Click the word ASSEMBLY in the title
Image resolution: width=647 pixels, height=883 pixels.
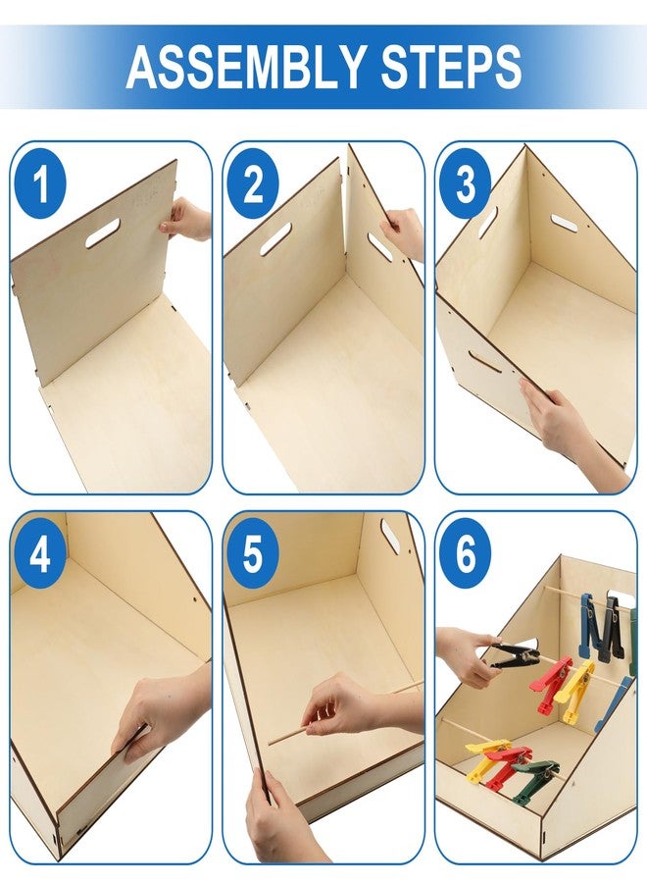click(245, 66)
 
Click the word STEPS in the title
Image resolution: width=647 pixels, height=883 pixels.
click(451, 66)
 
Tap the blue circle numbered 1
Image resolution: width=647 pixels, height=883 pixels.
click(40, 183)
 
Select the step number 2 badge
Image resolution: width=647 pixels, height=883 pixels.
click(253, 183)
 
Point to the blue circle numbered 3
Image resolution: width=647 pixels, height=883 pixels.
click(466, 183)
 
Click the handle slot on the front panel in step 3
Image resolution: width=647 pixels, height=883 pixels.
click(484, 361)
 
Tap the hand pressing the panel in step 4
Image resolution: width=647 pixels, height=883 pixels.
click(163, 712)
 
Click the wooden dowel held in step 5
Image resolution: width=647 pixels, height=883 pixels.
click(343, 713)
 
